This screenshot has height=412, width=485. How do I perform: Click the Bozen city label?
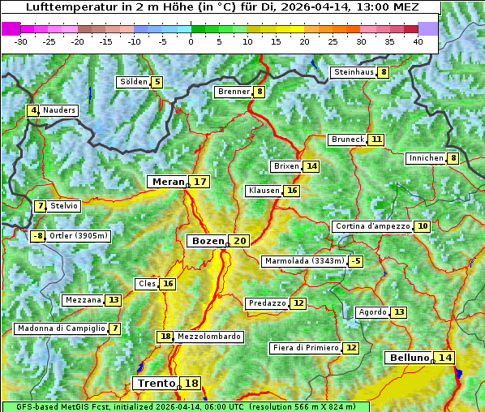coord(207,241)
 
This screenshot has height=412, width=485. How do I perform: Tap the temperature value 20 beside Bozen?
coord(239,241)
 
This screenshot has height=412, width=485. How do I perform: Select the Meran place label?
coord(168,182)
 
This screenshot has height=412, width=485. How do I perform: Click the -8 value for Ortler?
coord(37,236)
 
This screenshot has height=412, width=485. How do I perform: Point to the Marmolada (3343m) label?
coord(304,261)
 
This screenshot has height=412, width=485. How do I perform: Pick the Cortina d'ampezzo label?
coord(371,226)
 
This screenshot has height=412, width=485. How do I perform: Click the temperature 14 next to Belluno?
coord(444,358)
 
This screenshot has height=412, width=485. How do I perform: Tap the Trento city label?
coord(156,383)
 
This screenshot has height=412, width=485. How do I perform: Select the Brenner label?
coord(234,92)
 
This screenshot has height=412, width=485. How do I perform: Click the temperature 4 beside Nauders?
coord(33,110)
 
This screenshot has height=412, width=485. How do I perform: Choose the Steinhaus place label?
coord(354,72)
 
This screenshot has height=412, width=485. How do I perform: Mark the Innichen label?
coord(426,158)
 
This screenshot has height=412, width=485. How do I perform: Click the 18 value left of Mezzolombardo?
coord(165,337)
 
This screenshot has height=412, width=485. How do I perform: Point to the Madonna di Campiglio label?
coord(61,328)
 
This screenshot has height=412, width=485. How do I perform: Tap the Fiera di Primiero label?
coord(305,348)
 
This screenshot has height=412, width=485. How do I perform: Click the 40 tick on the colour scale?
coord(417,41)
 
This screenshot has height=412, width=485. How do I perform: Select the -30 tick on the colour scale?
coord(21,41)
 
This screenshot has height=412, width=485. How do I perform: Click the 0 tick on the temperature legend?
coord(191,41)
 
